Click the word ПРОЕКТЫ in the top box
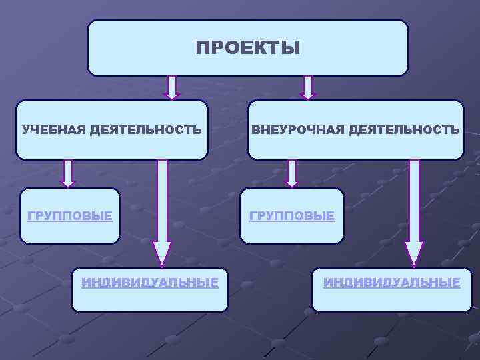click(x=248, y=48)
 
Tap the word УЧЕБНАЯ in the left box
click(x=53, y=130)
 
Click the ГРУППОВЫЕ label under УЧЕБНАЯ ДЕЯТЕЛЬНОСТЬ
click(x=69, y=216)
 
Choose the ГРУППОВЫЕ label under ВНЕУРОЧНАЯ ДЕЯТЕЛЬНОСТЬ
click(x=292, y=216)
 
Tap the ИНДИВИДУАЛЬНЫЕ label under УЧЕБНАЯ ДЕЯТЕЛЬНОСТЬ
click(x=150, y=283)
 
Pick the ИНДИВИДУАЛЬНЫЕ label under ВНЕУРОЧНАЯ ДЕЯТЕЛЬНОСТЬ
click(x=392, y=283)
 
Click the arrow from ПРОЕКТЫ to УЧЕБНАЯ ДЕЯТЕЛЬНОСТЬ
click(x=172, y=87)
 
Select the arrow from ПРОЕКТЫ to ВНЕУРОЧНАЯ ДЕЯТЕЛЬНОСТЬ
click(x=307, y=87)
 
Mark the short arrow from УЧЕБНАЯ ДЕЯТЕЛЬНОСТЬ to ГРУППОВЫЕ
click(x=68, y=172)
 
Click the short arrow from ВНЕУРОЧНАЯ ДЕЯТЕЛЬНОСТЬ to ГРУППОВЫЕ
click(x=291, y=172)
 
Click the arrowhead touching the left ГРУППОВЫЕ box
click(x=68, y=181)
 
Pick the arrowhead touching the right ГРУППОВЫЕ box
click(x=291, y=181)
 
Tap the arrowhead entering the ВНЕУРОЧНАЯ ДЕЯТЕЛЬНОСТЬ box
click(x=307, y=95)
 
